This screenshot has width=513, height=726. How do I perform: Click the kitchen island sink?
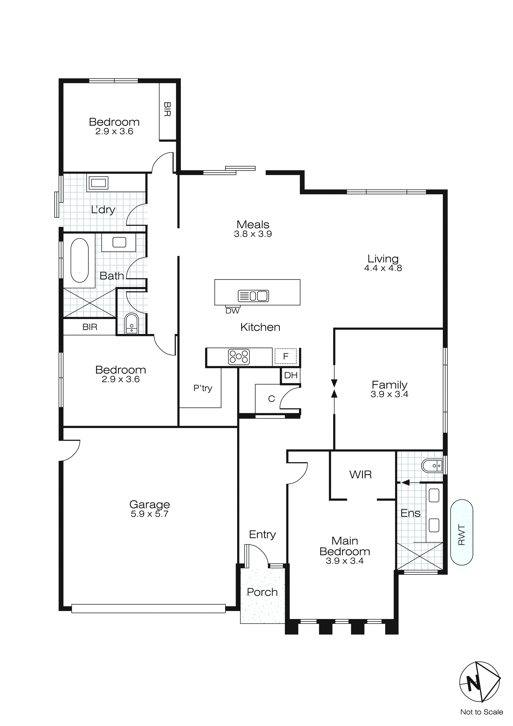coord(253,296)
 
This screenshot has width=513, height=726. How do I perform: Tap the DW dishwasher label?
coord(232,311)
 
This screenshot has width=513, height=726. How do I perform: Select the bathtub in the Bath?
coord(80,260)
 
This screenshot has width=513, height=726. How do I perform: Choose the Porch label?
coord(262,592)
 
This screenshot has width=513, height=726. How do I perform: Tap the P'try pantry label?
coord(202,388)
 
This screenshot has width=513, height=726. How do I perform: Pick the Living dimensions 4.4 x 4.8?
coord(383,268)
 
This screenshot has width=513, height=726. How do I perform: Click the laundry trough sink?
coord(99,183)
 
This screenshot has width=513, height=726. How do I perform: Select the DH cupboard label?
coord(291,375)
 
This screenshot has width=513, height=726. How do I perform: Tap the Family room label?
coord(389,385)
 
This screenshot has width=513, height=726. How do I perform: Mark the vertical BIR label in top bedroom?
coord(167,109)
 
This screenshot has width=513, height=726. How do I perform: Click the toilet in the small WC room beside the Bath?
coord(131,323)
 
